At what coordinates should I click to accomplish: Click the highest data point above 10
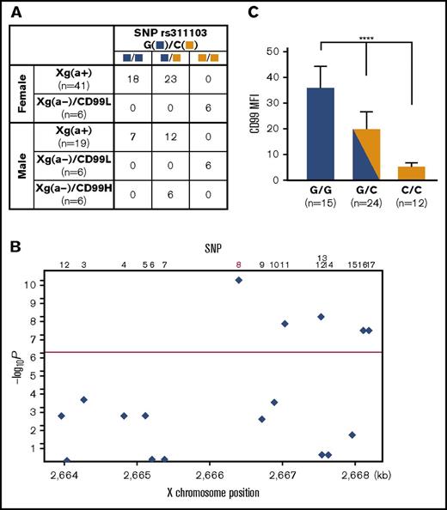tap(239, 280)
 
